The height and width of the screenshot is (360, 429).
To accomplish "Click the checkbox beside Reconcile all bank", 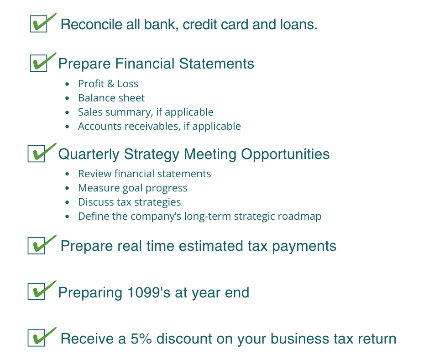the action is point(39,24).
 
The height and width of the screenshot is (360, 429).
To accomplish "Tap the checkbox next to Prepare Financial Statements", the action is point(39,63).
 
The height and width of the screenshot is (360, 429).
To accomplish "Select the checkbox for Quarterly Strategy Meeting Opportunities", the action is point(37,154).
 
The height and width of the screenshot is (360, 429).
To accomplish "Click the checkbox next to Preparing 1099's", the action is point(37,291).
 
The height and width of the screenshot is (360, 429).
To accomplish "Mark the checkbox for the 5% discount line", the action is point(37,338).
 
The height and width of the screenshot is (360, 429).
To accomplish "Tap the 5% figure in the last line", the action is point(141,339).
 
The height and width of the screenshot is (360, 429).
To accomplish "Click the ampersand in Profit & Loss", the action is point(111,84).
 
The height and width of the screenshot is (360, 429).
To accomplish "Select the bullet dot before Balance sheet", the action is point(67,98).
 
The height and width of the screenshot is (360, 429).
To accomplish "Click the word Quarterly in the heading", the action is point(89,154).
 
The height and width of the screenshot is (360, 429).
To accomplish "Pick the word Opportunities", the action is point(285,154).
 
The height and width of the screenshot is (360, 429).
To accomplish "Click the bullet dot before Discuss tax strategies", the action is point(67,202).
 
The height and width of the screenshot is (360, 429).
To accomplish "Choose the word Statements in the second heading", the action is point(216,64).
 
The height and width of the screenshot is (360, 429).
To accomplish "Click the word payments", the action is point(304,246).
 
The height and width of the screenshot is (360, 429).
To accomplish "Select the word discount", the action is point(184,339).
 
